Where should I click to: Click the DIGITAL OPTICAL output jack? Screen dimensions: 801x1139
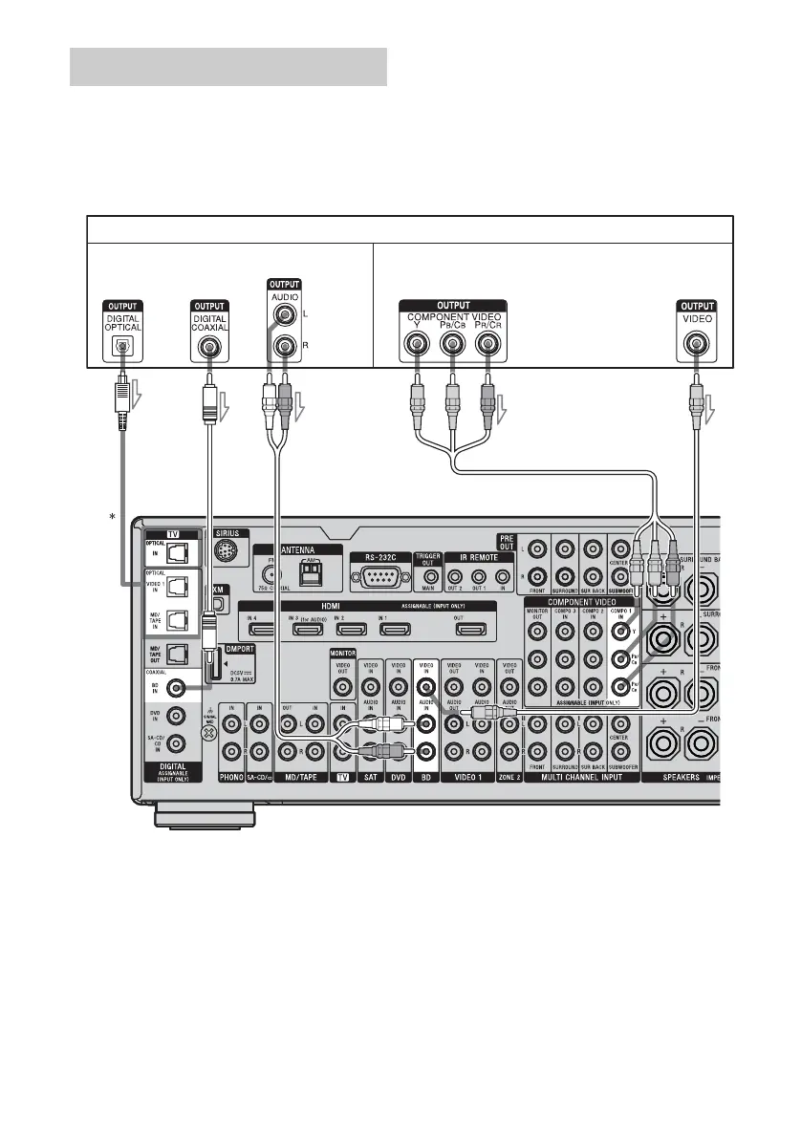122,348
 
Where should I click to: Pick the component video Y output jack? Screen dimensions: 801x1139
415,348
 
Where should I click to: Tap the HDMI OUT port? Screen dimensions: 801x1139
470,630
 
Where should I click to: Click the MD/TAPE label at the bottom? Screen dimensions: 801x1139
300,778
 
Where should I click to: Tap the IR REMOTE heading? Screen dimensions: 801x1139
479,555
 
